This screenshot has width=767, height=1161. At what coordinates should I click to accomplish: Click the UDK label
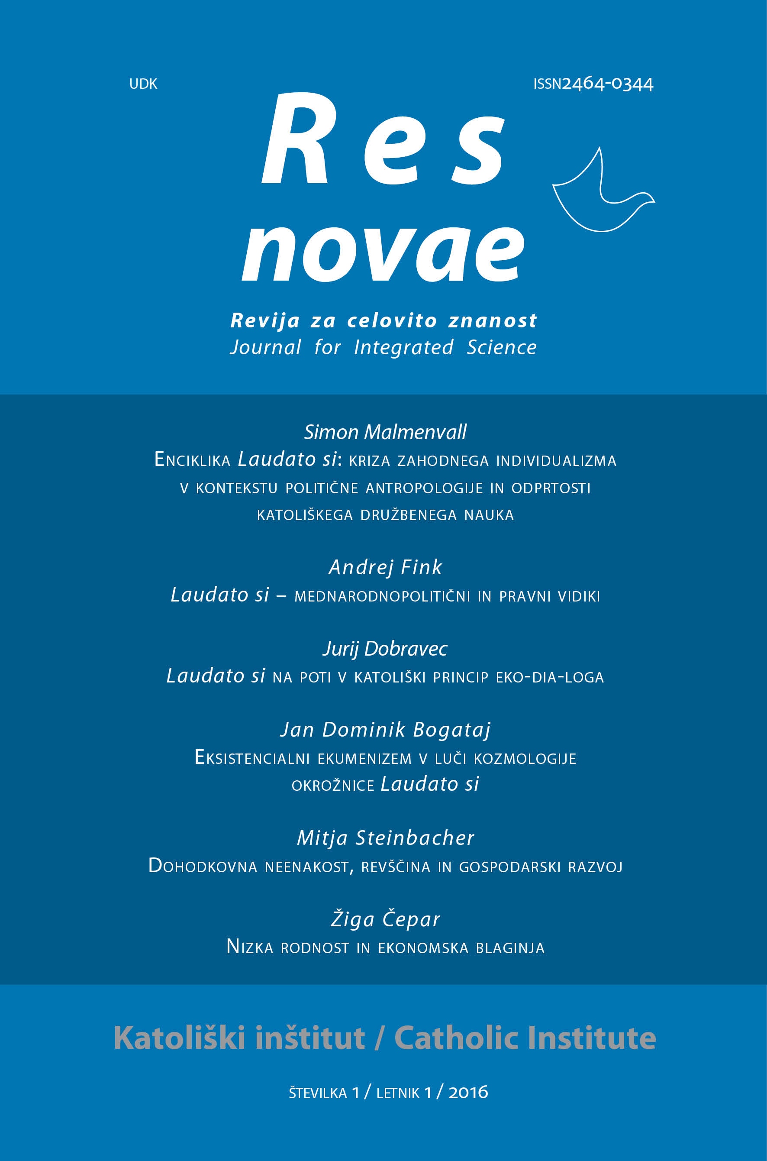click(143, 84)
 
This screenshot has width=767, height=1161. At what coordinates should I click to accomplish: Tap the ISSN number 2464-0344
click(607, 84)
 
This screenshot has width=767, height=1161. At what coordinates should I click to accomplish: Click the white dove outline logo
click(602, 193)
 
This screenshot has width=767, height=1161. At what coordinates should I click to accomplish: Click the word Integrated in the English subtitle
click(403, 347)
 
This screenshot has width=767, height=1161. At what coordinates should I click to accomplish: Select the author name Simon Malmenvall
click(385, 432)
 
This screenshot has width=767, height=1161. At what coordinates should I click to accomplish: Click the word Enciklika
click(192, 460)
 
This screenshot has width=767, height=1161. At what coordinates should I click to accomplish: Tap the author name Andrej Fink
click(385, 567)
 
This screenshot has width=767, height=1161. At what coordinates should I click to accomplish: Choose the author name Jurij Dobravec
click(385, 649)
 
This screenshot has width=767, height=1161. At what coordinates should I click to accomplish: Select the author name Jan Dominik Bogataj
click(385, 730)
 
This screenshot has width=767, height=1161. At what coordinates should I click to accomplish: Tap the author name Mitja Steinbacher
click(385, 838)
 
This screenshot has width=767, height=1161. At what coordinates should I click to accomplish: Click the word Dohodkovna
click(203, 867)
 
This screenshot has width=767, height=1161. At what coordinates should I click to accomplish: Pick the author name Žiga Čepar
click(385, 919)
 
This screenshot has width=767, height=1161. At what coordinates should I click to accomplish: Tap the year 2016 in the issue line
click(468, 1093)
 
